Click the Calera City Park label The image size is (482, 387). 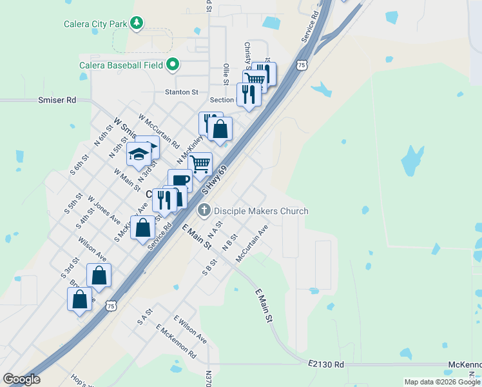95,25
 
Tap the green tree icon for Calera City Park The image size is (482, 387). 136,24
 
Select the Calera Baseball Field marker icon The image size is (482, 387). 172,64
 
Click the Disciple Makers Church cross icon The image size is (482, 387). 204,210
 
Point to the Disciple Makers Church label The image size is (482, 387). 261,211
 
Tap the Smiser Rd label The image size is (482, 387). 57,100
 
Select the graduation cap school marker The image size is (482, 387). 139,155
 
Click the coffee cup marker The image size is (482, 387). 180,180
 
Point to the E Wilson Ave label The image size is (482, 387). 190,330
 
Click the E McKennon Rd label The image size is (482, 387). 176,341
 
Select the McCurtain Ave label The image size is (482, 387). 252,243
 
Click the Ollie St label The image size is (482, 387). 226,74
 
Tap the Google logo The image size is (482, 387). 22,379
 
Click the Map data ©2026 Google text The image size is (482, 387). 441,382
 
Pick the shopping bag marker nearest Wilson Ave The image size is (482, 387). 99,275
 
